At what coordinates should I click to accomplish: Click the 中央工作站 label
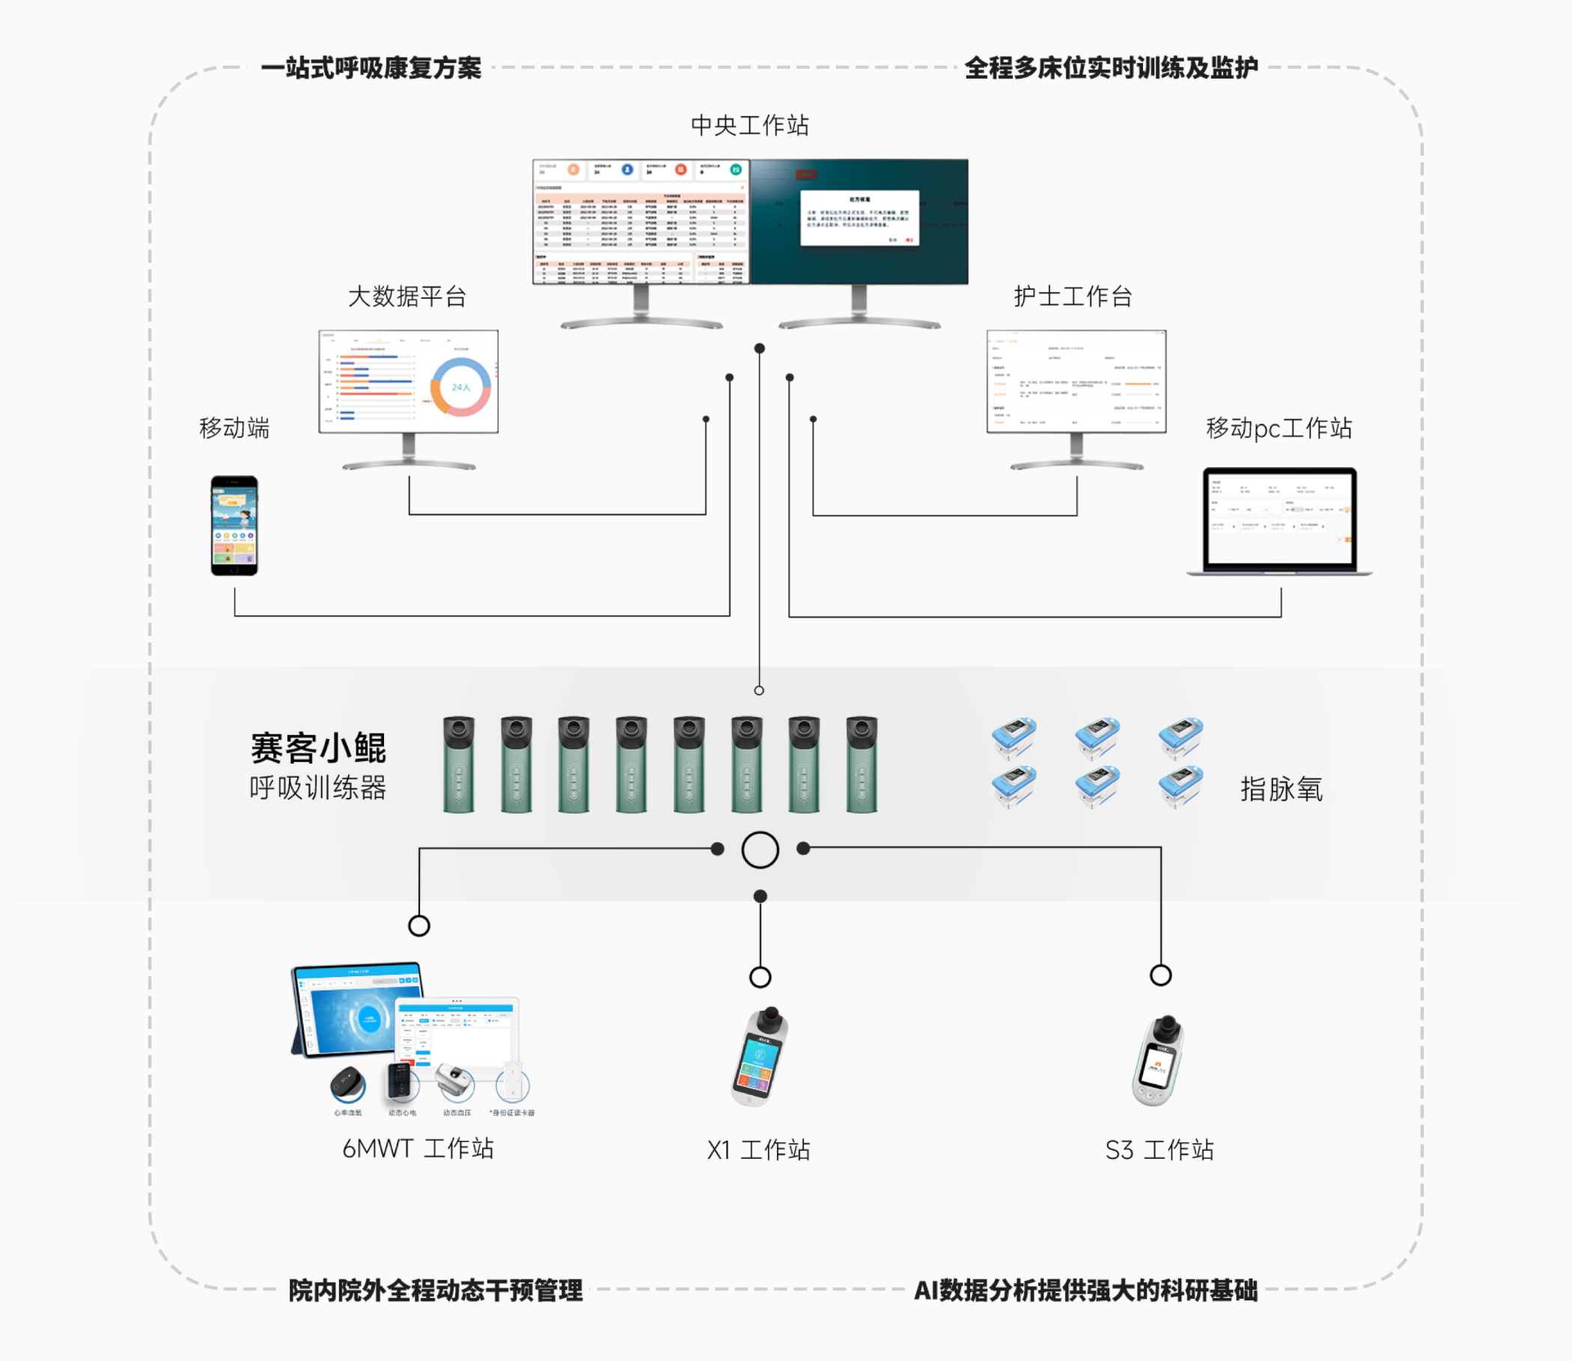tap(749, 125)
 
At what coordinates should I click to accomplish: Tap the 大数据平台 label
tap(407, 296)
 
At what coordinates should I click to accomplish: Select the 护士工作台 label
tap(1072, 296)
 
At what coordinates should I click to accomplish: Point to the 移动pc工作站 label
tap(1278, 428)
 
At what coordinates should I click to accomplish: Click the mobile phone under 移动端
tap(234, 526)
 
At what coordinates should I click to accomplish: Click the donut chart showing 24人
tap(461, 387)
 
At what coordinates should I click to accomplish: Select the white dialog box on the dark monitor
tap(859, 218)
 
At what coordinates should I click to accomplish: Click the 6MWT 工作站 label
tap(418, 1148)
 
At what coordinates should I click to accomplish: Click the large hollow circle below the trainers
tap(759, 850)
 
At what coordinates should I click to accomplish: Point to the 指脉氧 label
tap(1281, 789)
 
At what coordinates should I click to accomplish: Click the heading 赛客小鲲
tap(318, 748)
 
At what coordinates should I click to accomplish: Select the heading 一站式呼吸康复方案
tap(371, 68)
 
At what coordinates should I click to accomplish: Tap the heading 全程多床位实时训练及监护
tap(1110, 68)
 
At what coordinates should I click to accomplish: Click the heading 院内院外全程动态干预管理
tap(435, 1291)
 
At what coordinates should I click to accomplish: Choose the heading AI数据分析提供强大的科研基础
tap(1085, 1291)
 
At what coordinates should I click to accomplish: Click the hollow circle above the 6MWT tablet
tap(419, 926)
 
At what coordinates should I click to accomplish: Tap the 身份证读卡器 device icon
tap(513, 1084)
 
